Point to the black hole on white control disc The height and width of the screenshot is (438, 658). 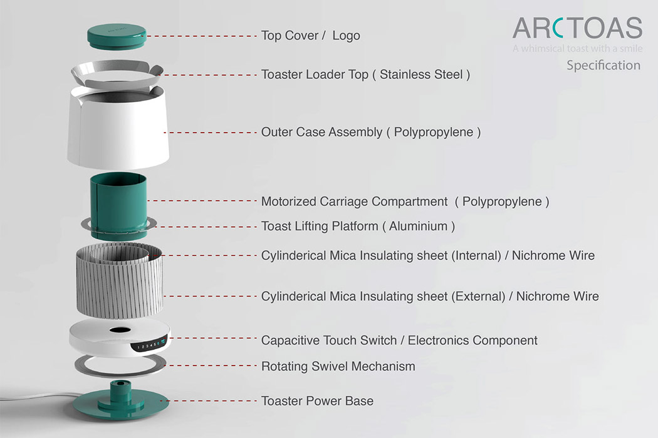[117, 329]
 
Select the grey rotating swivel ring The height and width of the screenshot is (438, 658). [117, 365]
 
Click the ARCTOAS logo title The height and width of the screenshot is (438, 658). [577, 28]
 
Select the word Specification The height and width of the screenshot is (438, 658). [603, 65]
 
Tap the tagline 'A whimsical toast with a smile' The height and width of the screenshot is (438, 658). [577, 48]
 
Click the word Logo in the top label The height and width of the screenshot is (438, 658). [346, 36]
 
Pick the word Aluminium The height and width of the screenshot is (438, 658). [419, 226]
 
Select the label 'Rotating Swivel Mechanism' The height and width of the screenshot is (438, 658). [338, 366]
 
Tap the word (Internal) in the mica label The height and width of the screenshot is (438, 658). [476, 255]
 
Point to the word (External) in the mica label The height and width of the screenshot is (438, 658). [478, 296]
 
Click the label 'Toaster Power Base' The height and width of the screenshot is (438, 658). [317, 400]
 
